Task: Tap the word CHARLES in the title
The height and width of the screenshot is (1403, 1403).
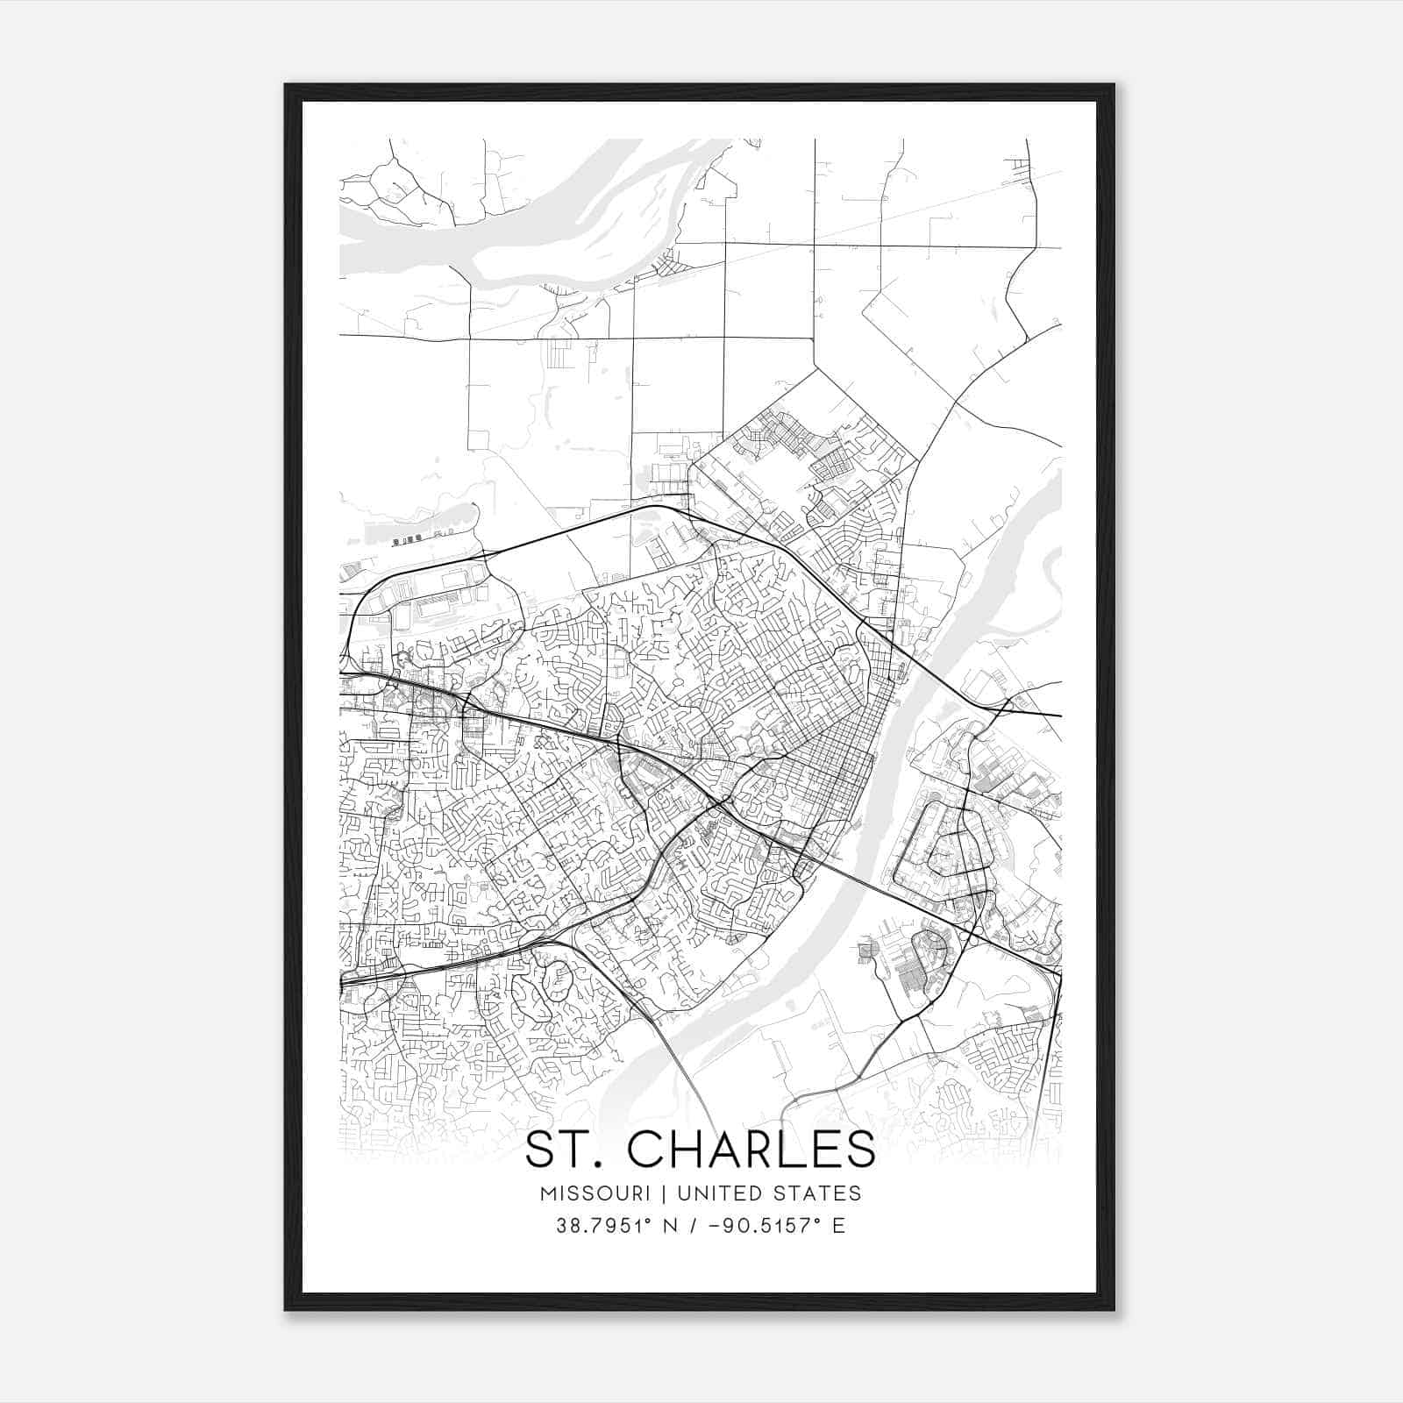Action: point(751,1150)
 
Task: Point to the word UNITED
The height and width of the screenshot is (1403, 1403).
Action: point(718,1193)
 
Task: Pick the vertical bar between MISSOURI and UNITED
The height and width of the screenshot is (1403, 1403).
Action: point(662,1193)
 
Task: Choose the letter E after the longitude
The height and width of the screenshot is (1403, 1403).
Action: point(839,1226)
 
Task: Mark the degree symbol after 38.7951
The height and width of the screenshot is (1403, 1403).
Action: point(645,1220)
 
